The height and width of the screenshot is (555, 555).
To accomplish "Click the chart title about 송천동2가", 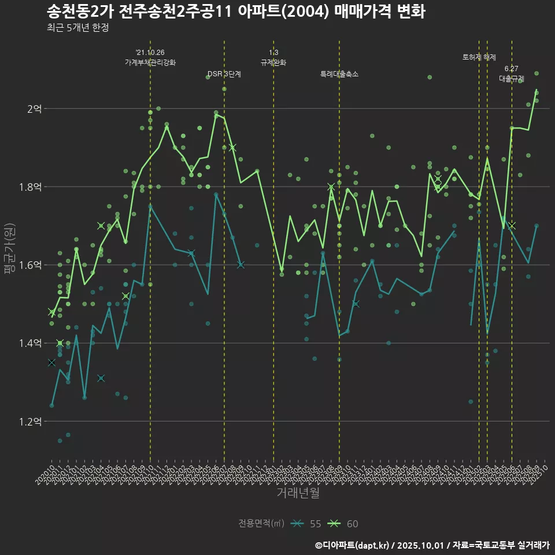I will point(236,12).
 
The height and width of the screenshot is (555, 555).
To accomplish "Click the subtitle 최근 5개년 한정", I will point(77,28).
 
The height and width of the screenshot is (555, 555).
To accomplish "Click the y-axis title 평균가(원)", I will point(10,249).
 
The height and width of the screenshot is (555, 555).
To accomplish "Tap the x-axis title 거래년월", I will point(298,493).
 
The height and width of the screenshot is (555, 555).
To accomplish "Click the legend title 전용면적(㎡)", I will point(261,524).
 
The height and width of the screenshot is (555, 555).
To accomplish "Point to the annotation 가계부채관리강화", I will point(150,62).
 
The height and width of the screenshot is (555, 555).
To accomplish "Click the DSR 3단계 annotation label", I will point(224,74).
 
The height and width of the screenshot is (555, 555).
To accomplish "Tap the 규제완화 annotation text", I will point(273,62).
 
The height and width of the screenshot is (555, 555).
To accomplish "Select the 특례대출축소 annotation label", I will point(339,74).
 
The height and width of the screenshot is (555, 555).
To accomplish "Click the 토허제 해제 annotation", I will point(479,57).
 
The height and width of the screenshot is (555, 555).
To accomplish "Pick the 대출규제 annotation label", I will point(512,79).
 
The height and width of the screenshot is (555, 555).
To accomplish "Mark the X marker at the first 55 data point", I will point(51,362).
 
